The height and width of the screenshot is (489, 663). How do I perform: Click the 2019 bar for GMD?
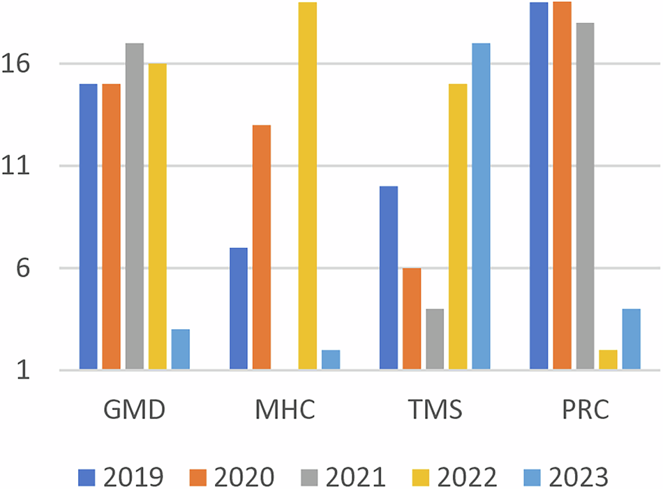point(88,226)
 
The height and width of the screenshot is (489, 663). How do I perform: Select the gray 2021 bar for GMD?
point(134,206)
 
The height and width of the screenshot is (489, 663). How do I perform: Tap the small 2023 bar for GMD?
point(180,349)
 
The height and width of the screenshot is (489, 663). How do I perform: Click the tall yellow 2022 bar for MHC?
point(308,185)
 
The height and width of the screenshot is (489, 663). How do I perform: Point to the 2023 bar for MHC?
point(331,359)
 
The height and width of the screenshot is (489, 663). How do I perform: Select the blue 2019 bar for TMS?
point(388,277)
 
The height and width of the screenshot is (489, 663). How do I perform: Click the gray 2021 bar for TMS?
point(434,339)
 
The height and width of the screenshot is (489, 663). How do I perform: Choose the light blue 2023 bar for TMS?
point(480,206)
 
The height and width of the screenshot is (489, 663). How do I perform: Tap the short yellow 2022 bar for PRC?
point(608,359)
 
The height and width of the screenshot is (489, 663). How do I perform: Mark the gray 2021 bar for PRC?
point(585,196)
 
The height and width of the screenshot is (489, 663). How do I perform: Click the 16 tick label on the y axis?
point(33,64)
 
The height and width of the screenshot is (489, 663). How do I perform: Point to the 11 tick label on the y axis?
point(33,166)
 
